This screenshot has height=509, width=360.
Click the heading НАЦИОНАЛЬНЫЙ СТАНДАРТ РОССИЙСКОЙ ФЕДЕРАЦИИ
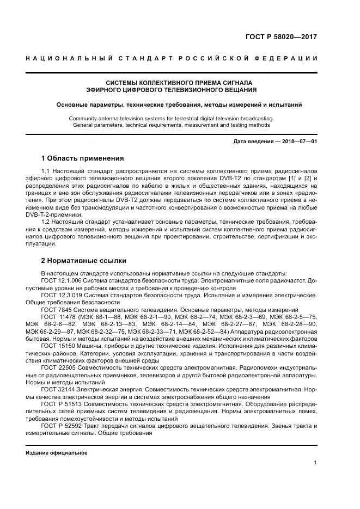click(172, 58)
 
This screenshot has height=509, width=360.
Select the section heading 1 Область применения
click(82, 158)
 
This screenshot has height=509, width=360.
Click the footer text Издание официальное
click(57, 453)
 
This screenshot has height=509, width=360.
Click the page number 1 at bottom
click(315, 463)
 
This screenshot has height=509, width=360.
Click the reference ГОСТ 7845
click(55, 309)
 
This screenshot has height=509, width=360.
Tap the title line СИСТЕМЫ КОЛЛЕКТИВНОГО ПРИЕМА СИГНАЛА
click(172, 82)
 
